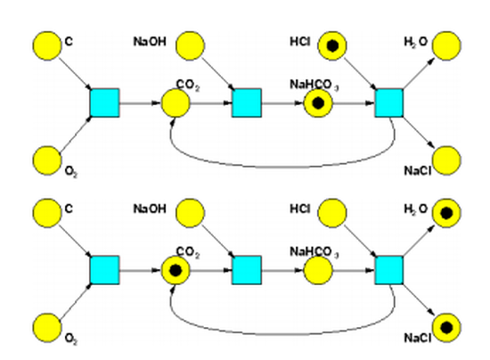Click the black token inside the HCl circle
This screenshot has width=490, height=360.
(332, 45)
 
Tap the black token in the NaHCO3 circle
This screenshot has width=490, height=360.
(318, 103)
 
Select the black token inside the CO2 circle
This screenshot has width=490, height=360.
(176, 270)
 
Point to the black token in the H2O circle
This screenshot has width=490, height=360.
(446, 213)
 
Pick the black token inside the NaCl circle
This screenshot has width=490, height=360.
(446, 328)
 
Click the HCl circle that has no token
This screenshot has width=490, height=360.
(332, 213)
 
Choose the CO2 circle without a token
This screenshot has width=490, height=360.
(176, 103)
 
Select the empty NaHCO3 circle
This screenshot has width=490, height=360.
(318, 270)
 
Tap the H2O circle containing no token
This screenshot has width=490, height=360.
(446, 45)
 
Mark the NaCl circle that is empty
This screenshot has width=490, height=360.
(446, 160)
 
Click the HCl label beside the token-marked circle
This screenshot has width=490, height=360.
(300, 42)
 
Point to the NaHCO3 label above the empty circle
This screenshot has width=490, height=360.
(314, 252)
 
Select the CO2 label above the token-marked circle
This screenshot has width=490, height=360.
(188, 252)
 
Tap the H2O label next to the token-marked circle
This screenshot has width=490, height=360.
(416, 209)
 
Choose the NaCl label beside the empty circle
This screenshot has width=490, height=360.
(418, 170)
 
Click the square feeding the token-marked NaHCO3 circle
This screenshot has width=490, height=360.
(247, 103)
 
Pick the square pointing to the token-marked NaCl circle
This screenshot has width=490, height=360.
(389, 270)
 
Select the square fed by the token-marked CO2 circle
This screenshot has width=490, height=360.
(247, 270)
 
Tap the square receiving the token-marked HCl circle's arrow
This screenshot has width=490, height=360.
(389, 103)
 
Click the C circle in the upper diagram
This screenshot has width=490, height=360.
(47, 45)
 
